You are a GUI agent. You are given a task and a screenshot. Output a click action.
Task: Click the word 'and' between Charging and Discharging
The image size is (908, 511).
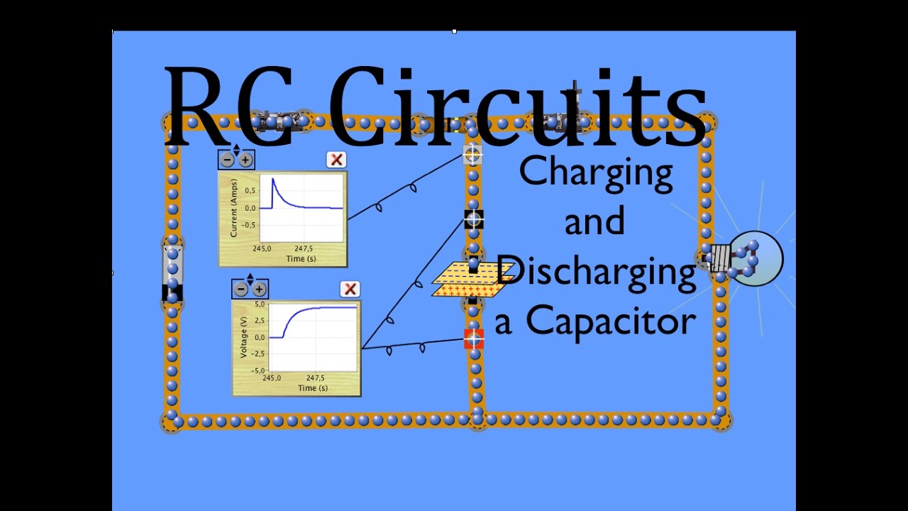pos(594,221)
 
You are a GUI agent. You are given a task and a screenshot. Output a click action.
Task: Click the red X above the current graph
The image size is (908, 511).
pos(336,160)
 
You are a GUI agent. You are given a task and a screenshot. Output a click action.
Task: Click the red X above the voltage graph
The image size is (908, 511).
pos(350,289)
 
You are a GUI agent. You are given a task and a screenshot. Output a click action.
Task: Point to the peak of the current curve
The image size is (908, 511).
pos(273,178)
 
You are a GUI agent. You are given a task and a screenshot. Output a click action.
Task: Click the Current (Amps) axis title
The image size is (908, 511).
pos(233,208)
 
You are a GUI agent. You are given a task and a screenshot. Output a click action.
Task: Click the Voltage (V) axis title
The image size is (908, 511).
pos(243,337)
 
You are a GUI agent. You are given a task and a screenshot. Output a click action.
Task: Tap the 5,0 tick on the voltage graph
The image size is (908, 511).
pos(260,304)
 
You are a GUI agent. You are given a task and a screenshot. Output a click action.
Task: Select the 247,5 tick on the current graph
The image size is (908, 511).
pos(304,248)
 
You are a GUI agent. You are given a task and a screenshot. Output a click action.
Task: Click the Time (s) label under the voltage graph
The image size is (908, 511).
pos(313,388)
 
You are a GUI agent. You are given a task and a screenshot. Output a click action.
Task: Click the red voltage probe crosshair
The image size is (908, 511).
pos(474,339)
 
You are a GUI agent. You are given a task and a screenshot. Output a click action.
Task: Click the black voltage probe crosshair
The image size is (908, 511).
pos(474,219)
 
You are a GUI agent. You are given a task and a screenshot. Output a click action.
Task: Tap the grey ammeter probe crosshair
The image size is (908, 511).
pos(472,154)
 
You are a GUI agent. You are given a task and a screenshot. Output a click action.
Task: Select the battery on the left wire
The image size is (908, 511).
pos(172,273)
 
